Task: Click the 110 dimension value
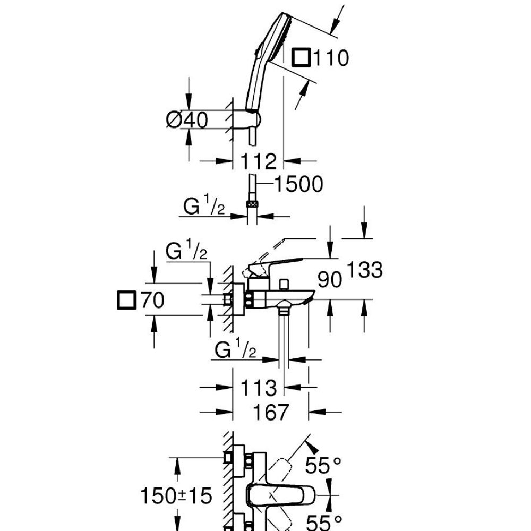(330, 58)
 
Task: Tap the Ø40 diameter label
(187, 119)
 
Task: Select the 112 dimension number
(259, 161)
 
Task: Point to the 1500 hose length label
(298, 184)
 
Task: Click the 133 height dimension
(365, 270)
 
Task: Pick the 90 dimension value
(329, 280)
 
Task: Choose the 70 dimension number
(152, 300)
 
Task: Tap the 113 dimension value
(259, 387)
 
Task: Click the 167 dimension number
(271, 412)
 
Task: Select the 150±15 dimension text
(176, 495)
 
